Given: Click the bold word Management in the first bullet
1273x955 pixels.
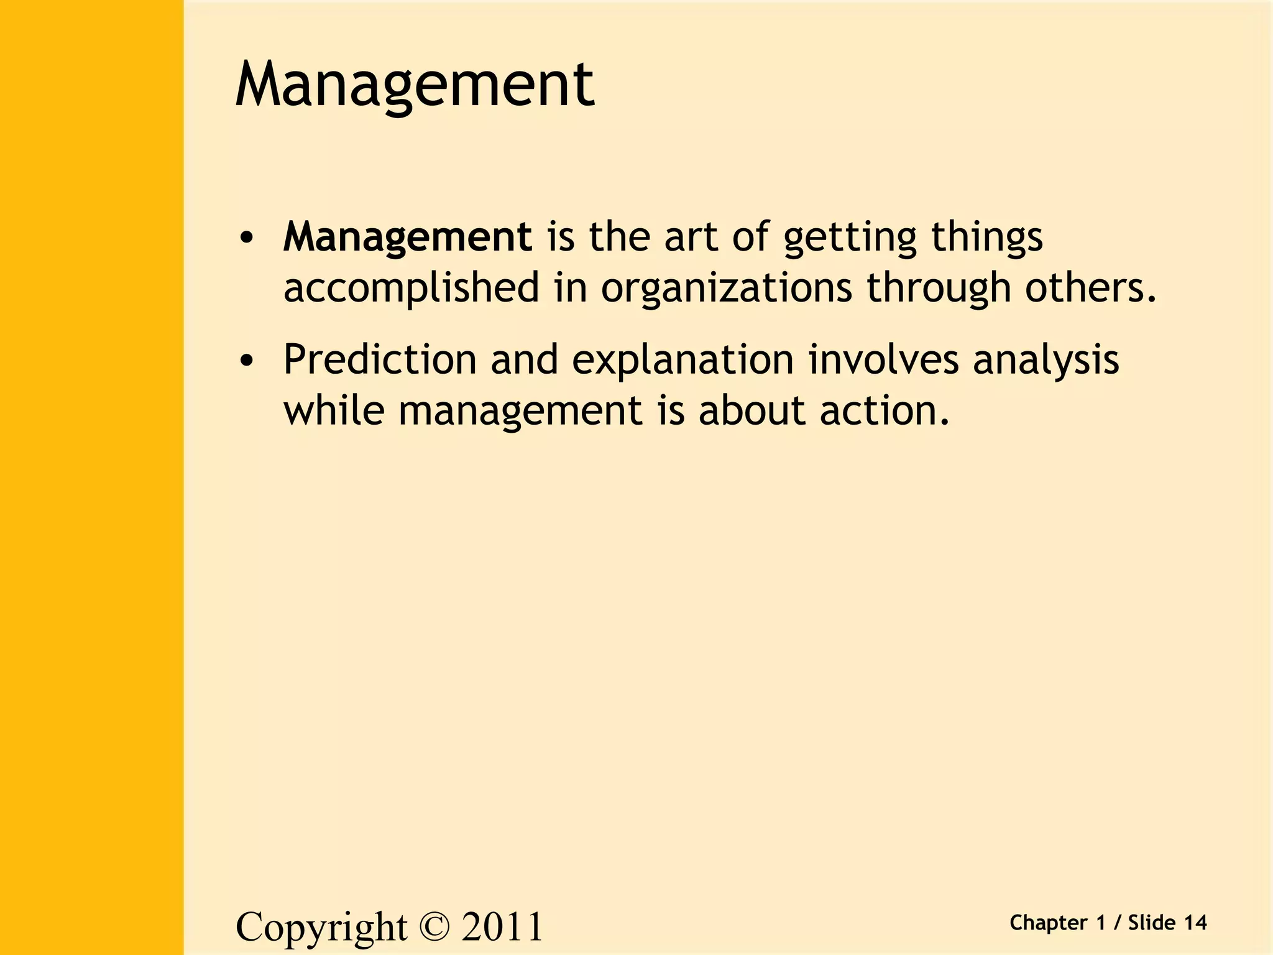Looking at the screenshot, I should (407, 237).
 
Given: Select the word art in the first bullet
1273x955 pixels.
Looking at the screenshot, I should (691, 237).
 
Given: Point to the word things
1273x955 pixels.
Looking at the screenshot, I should (986, 238).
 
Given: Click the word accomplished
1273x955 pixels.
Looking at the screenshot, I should (411, 288).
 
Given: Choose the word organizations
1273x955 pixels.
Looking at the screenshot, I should (726, 288).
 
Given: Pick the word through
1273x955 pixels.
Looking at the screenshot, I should (939, 288).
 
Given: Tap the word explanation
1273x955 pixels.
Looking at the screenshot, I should (682, 361).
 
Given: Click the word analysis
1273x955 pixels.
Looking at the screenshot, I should (1046, 361).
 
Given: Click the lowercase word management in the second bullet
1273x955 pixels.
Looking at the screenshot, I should (520, 412).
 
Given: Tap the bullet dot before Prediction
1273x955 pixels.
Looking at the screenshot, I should (247, 361).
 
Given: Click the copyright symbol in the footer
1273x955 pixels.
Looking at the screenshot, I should (434, 927).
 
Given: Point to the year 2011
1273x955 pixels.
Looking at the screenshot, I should (502, 927).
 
